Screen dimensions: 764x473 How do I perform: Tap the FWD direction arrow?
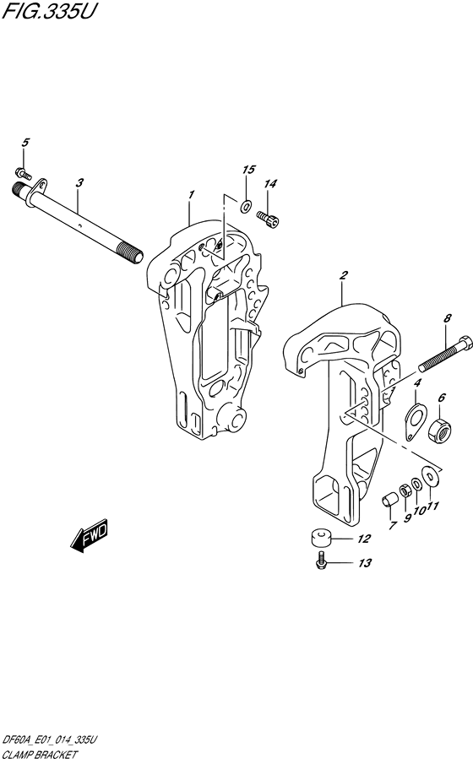pos(90,537)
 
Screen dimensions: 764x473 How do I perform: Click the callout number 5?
pos(24,143)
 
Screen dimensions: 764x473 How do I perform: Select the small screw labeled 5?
pos(24,174)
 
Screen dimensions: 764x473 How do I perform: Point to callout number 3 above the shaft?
pos(79,182)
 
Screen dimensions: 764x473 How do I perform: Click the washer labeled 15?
pos(245,205)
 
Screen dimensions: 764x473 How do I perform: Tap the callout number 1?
pos(192,195)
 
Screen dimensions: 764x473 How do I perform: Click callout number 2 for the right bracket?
pos(343,275)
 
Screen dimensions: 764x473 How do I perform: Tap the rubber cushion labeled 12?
pos(318,539)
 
